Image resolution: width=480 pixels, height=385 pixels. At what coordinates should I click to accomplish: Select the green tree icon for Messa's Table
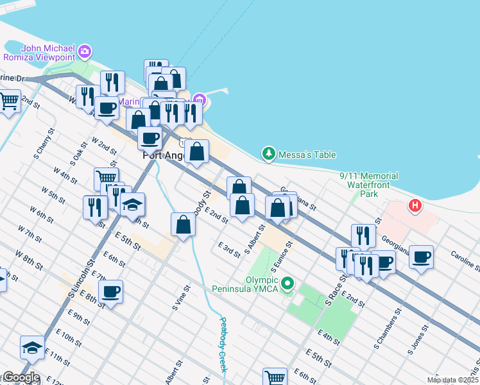point(268,154)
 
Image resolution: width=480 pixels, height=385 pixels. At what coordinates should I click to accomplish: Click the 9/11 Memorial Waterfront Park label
point(368,184)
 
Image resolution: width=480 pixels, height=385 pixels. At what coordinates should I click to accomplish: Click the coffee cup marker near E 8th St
point(110,292)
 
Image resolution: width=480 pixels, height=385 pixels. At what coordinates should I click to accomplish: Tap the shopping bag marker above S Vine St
point(183,225)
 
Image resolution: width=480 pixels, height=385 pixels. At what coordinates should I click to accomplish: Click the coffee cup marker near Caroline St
point(421,257)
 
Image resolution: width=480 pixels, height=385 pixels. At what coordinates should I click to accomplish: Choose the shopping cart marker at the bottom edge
point(275,377)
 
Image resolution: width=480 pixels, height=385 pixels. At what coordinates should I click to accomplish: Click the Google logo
point(21,378)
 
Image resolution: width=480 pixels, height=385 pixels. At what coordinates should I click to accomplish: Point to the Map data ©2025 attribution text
point(452,380)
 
